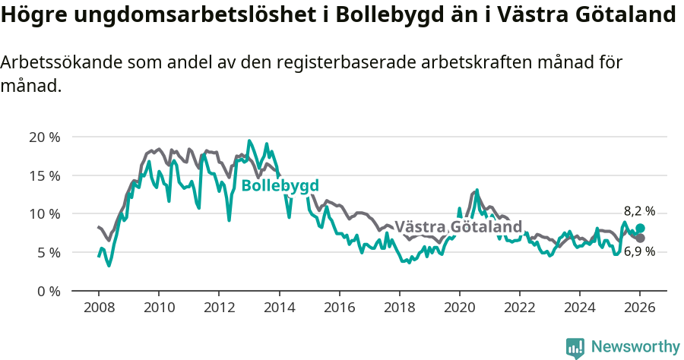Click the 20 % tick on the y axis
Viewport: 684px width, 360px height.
[x=44, y=137]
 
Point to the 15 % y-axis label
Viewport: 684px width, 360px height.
[x=44, y=175]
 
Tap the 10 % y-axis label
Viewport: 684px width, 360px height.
[x=44, y=214]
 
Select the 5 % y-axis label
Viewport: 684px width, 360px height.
[x=48, y=252]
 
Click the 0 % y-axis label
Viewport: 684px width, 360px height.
[x=48, y=291]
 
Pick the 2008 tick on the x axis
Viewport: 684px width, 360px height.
[x=99, y=308]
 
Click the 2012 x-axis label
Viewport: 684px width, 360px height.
[x=219, y=308]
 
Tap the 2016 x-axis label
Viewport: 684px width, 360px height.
[x=339, y=308]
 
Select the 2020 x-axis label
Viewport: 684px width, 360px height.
[x=459, y=308]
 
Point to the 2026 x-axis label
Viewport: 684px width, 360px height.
[x=640, y=308]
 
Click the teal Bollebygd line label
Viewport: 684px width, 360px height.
[x=280, y=186]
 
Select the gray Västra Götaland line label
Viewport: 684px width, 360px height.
[x=458, y=227]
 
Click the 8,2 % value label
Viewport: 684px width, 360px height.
[x=639, y=212]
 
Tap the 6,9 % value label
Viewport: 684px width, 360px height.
[x=639, y=251]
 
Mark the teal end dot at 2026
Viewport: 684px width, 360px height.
[x=640, y=228]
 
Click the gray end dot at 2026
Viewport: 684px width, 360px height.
[x=640, y=238]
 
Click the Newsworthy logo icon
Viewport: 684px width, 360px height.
[x=575, y=347]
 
